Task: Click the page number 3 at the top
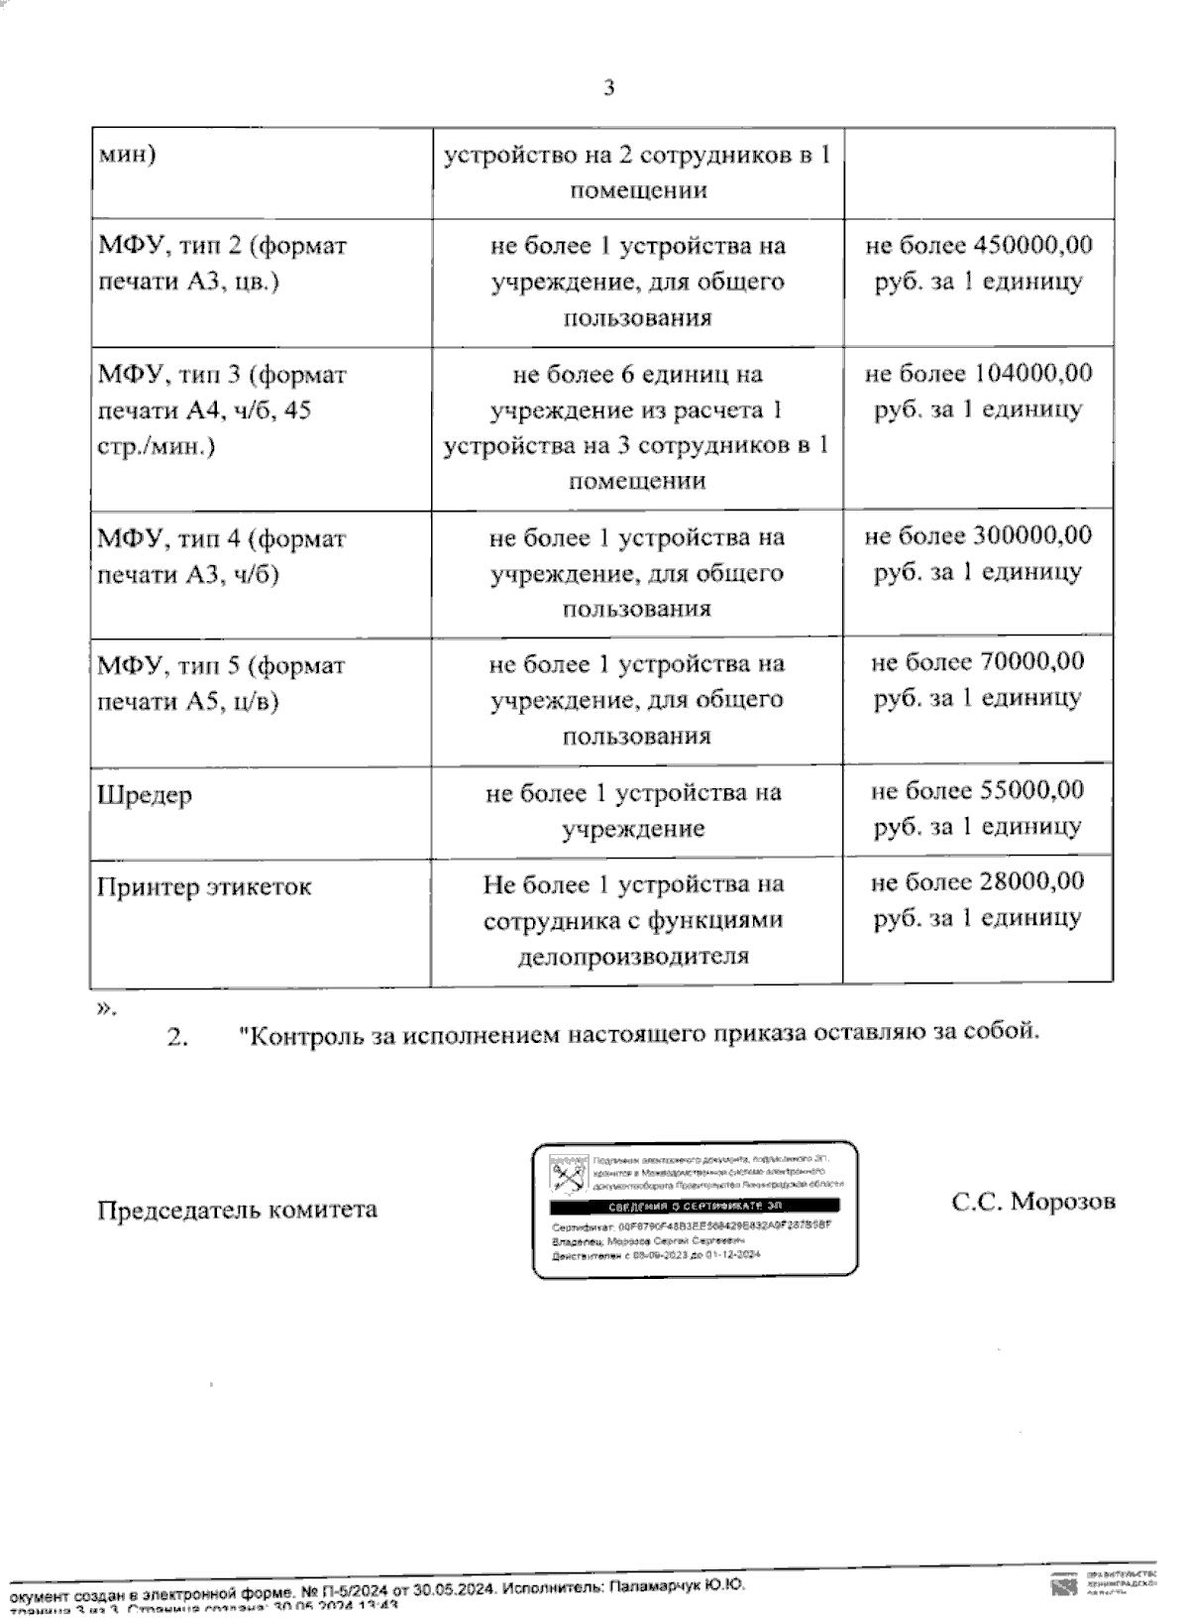coord(608,87)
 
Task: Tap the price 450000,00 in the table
coord(1033,245)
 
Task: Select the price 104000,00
coord(1033,374)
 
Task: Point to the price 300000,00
coord(1033,536)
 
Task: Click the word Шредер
coord(145,796)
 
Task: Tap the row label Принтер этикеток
coord(204,887)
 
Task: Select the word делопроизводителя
coord(633,957)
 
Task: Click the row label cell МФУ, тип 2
coord(222,264)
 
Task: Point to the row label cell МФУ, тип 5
coord(221,684)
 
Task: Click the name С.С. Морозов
coord(1033,1202)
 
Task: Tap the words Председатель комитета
coord(237,1211)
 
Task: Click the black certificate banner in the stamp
coord(695,1206)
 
